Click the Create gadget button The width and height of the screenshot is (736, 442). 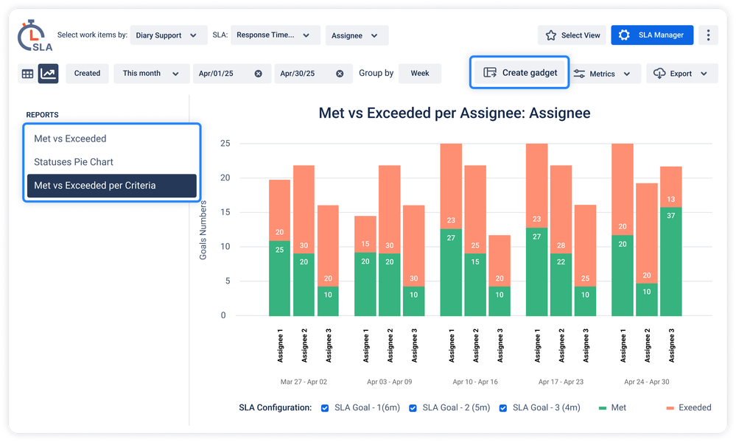tap(520, 73)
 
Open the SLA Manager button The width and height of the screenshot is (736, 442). tap(652, 35)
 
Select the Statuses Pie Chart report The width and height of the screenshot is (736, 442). tap(74, 162)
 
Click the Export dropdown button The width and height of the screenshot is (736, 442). tap(681, 74)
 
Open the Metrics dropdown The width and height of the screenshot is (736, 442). tap(602, 74)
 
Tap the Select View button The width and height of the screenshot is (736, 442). tap(572, 35)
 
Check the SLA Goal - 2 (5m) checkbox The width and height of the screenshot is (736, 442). tap(413, 408)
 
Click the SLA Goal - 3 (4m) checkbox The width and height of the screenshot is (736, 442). tap(503, 408)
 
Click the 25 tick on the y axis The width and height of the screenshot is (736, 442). tap(225, 144)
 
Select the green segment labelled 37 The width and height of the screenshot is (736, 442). tap(670, 262)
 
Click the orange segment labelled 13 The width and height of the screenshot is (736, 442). tap(670, 200)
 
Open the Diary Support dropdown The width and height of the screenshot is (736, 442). tap(166, 35)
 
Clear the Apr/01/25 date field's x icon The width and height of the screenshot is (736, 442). tap(258, 74)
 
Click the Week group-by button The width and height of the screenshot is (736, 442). tap(420, 74)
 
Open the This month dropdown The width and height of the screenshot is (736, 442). tap(150, 74)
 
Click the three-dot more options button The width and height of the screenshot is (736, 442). tap(708, 35)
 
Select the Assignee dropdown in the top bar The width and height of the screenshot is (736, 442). tap(354, 35)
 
